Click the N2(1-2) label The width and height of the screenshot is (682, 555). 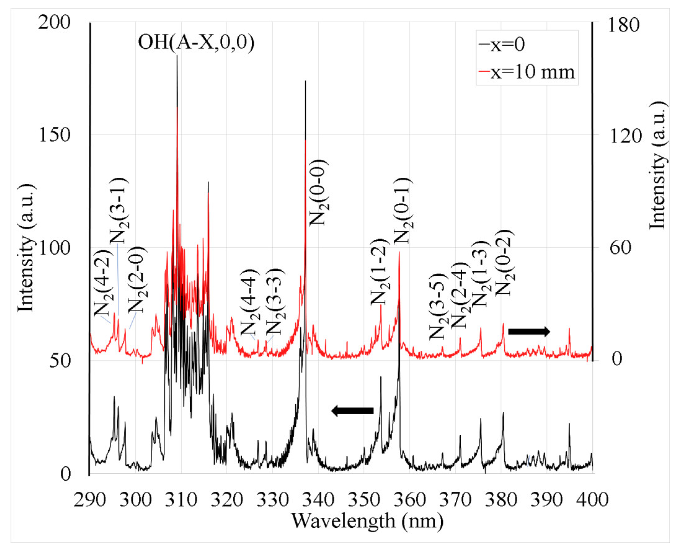[380, 272]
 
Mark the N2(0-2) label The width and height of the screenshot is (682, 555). [504, 263]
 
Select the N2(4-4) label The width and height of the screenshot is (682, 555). [250, 301]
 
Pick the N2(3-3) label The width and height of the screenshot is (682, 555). [275, 301]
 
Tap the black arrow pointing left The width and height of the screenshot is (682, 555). [352, 411]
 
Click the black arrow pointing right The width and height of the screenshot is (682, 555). [529, 331]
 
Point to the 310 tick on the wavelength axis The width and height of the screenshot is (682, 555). [181, 499]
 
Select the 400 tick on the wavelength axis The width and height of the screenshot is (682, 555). [592, 499]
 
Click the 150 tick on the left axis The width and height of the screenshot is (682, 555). [54, 135]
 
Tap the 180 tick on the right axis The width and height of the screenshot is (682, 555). [623, 25]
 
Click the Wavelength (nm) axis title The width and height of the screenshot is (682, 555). [367, 522]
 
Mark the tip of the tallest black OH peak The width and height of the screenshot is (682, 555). [177, 56]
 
